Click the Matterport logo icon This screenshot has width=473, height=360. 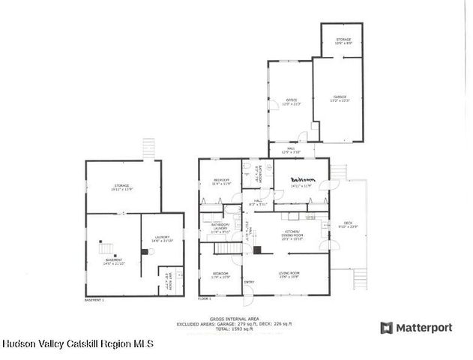tap(387, 328)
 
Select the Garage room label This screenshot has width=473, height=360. tap(340, 97)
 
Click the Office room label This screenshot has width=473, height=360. tap(291, 100)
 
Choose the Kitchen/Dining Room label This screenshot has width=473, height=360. tap(291, 235)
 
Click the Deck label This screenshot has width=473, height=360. tap(348, 223)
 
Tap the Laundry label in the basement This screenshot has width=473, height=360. tap(162, 238)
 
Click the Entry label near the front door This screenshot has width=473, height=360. tap(249, 282)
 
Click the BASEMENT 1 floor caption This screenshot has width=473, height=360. tap(94, 299)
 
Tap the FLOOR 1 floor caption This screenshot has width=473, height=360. tap(205, 299)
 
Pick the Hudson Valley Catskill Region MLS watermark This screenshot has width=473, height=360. tap(78, 343)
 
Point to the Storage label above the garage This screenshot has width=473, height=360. tap(343, 40)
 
